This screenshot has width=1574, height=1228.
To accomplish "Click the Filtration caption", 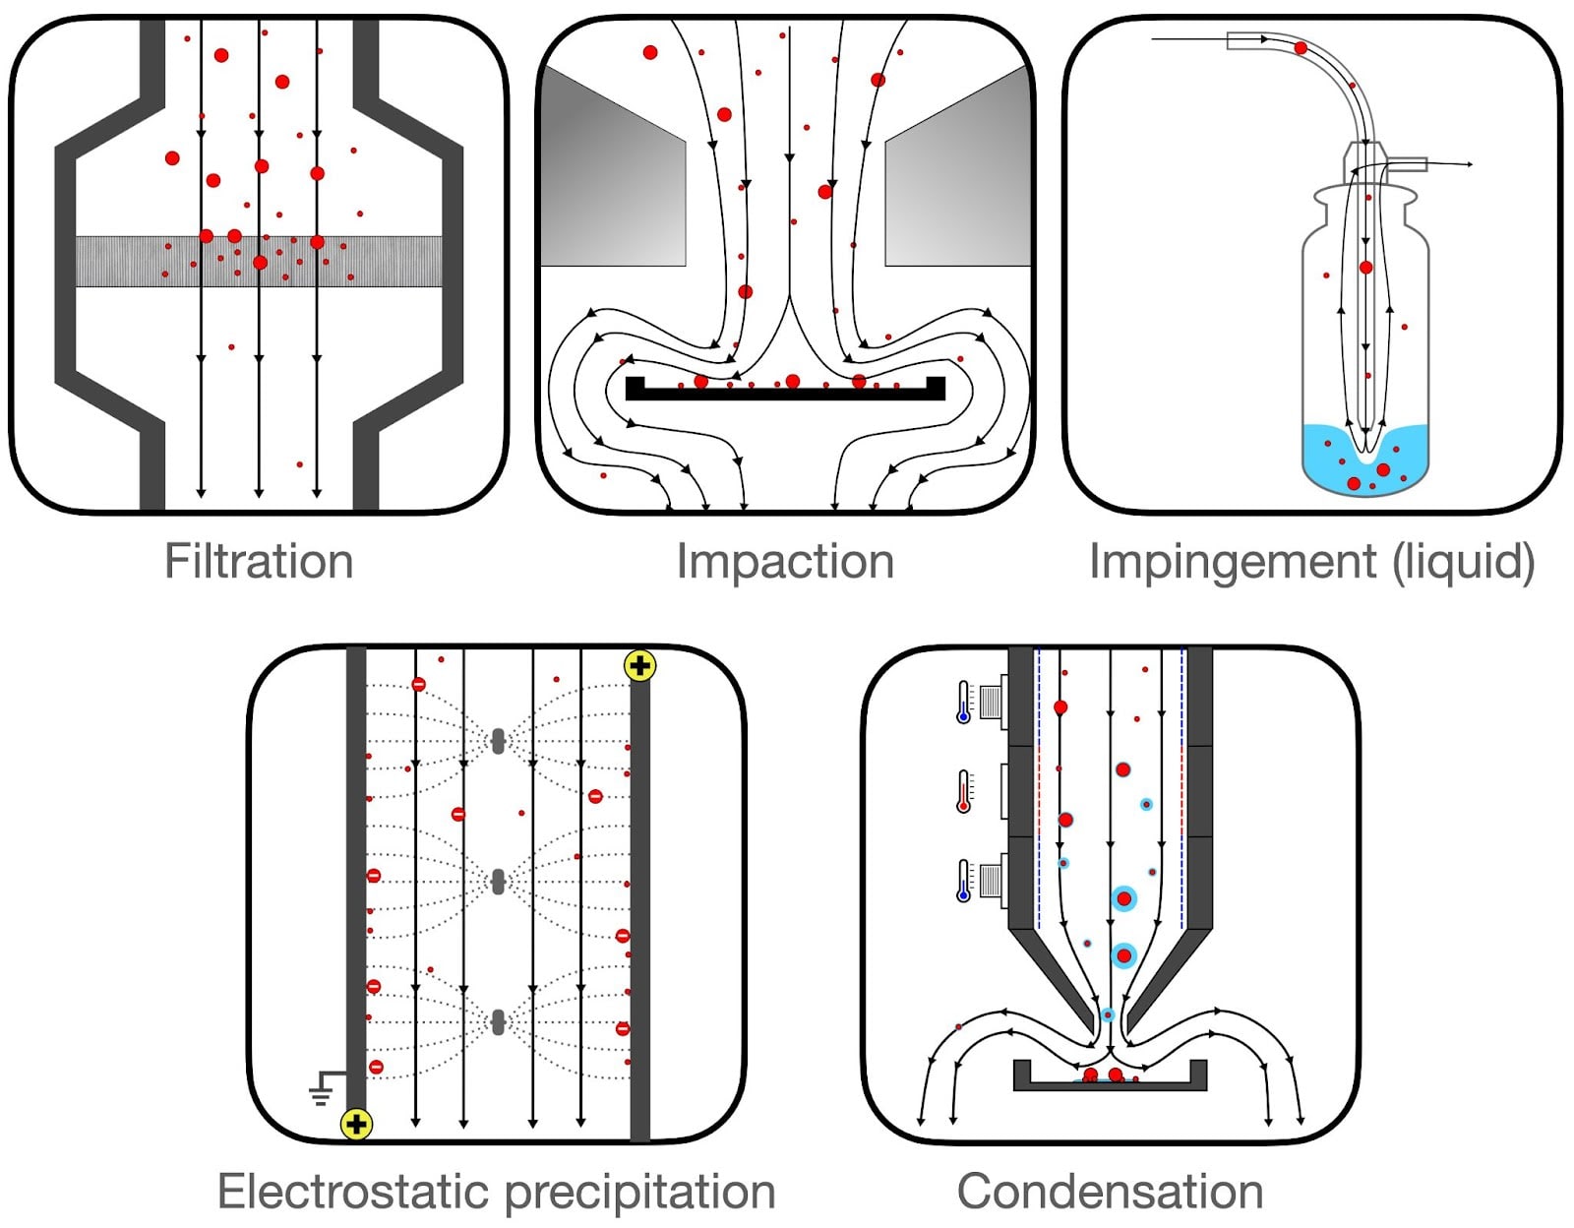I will point(259,562).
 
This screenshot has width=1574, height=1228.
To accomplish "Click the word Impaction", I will point(785,562).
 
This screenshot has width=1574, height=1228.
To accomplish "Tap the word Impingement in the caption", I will point(1232,562).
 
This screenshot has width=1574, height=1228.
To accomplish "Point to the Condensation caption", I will point(1110,1192).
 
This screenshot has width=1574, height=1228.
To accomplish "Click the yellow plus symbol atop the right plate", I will point(640,666).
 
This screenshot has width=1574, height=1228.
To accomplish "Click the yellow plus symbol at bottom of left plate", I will point(356,1124).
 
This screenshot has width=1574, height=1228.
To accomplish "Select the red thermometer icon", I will point(964,792).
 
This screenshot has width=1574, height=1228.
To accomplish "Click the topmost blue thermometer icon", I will point(964,703).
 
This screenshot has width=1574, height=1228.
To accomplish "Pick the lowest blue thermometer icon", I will point(964,881).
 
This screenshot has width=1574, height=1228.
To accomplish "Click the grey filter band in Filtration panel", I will point(118,262).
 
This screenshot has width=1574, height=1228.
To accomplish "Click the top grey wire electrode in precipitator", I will point(498,741).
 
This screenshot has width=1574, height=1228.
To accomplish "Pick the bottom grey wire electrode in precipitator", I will point(498,1022).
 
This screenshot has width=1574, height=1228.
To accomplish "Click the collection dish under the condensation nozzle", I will point(1110,1083).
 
